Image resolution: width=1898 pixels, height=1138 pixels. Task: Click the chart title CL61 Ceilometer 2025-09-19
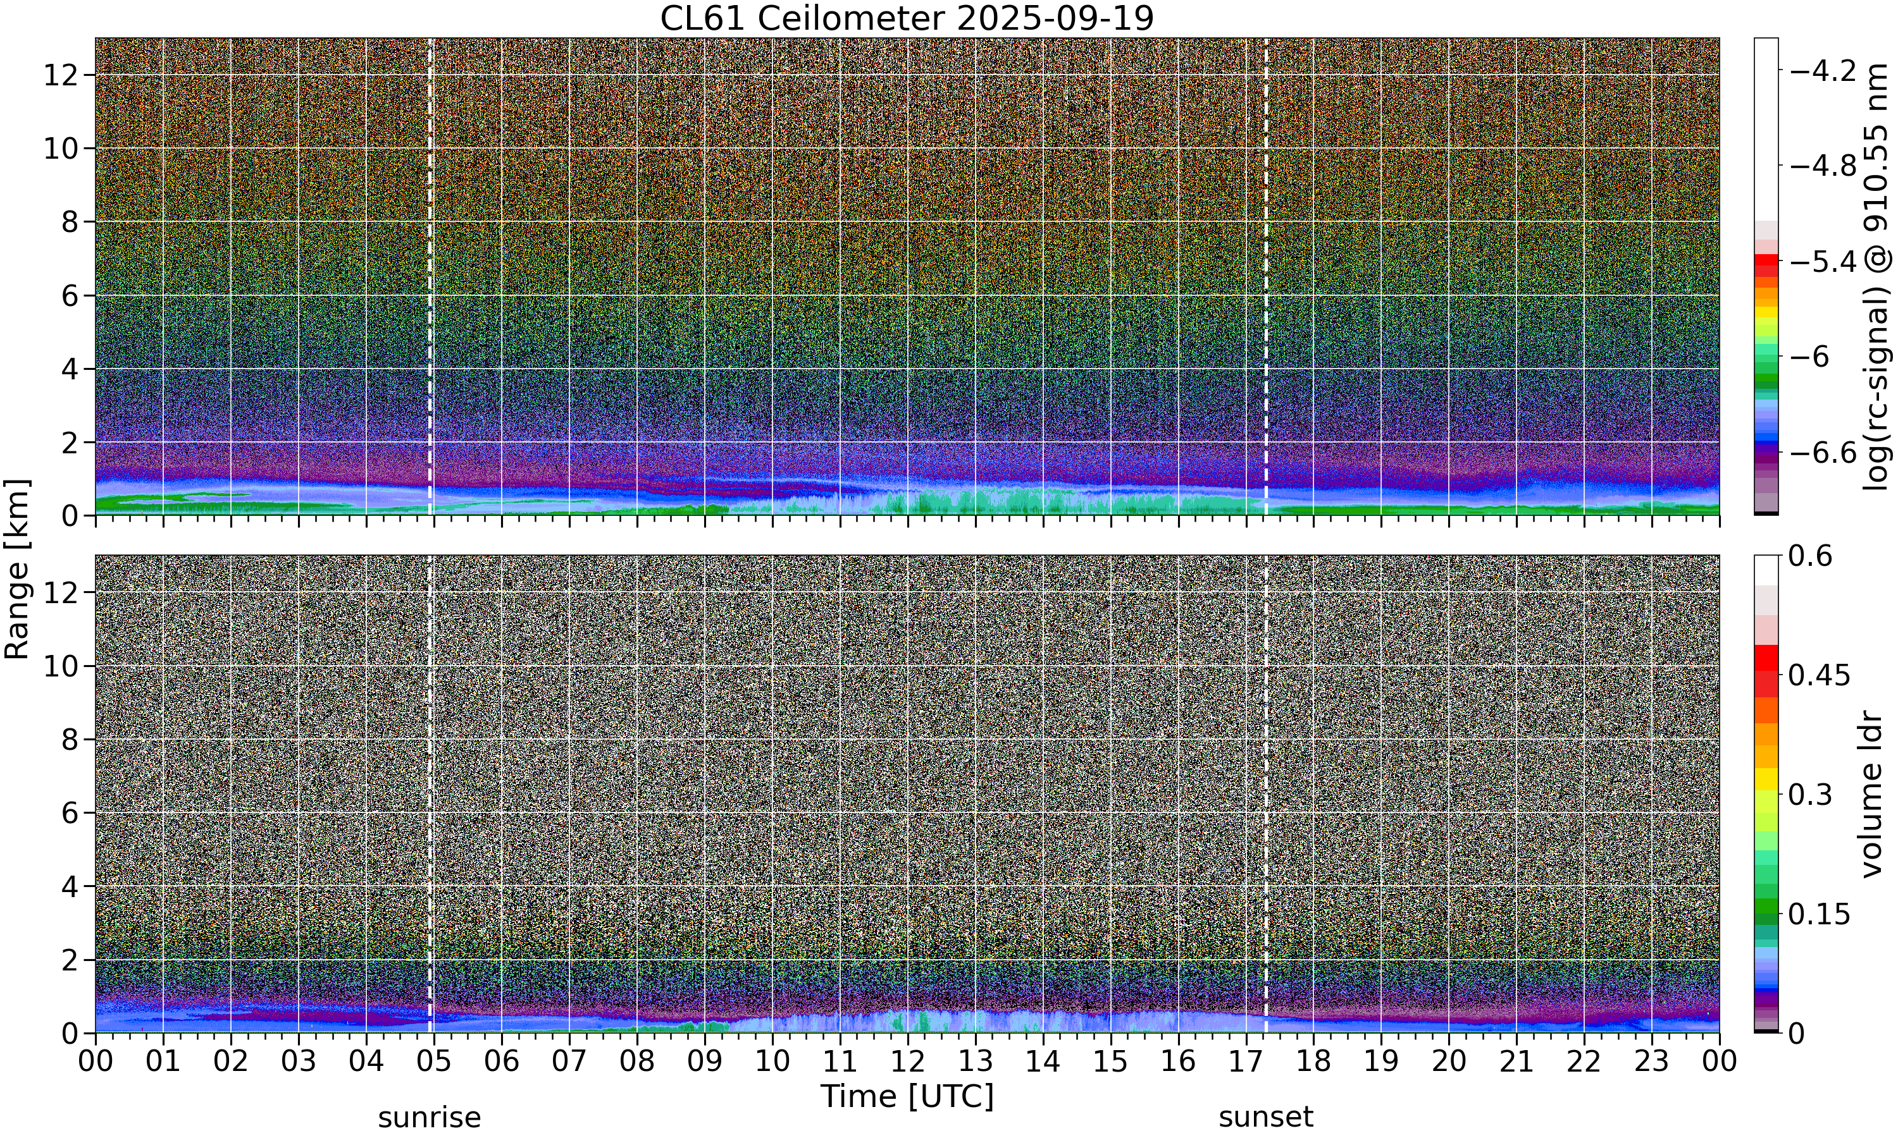click(907, 18)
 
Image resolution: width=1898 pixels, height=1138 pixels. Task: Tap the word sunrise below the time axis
click(430, 1117)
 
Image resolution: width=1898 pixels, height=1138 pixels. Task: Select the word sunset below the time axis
click(1266, 1117)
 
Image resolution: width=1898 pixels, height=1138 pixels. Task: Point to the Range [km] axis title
click(17, 569)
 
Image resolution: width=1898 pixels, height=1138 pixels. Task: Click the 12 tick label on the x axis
click(908, 1060)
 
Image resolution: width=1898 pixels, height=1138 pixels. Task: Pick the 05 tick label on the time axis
click(434, 1060)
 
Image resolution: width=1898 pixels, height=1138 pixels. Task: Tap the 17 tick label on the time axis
click(1246, 1060)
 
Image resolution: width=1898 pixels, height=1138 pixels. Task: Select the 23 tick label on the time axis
click(1652, 1060)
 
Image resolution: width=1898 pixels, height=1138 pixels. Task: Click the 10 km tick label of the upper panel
click(61, 148)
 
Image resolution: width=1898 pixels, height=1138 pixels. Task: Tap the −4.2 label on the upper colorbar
click(1823, 71)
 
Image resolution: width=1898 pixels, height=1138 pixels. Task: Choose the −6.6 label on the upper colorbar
click(1823, 453)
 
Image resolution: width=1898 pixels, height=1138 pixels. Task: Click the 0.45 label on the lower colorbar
click(1820, 676)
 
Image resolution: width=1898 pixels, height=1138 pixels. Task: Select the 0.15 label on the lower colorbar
click(1820, 914)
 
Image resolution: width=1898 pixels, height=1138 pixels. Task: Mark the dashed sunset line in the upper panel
click(1266, 277)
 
